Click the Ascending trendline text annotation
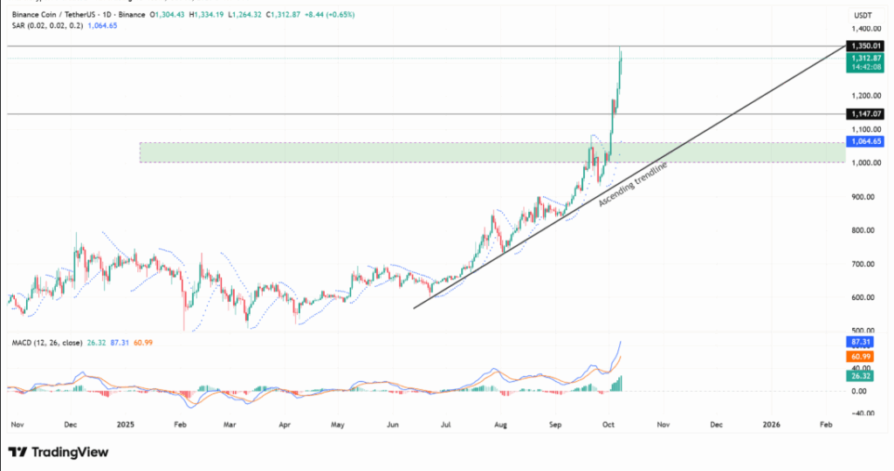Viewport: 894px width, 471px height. (633, 184)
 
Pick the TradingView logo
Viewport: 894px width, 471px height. (58, 452)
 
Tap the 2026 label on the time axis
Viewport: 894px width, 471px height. (772, 425)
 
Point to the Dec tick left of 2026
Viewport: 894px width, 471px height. (716, 425)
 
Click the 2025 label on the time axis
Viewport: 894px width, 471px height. (125, 425)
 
